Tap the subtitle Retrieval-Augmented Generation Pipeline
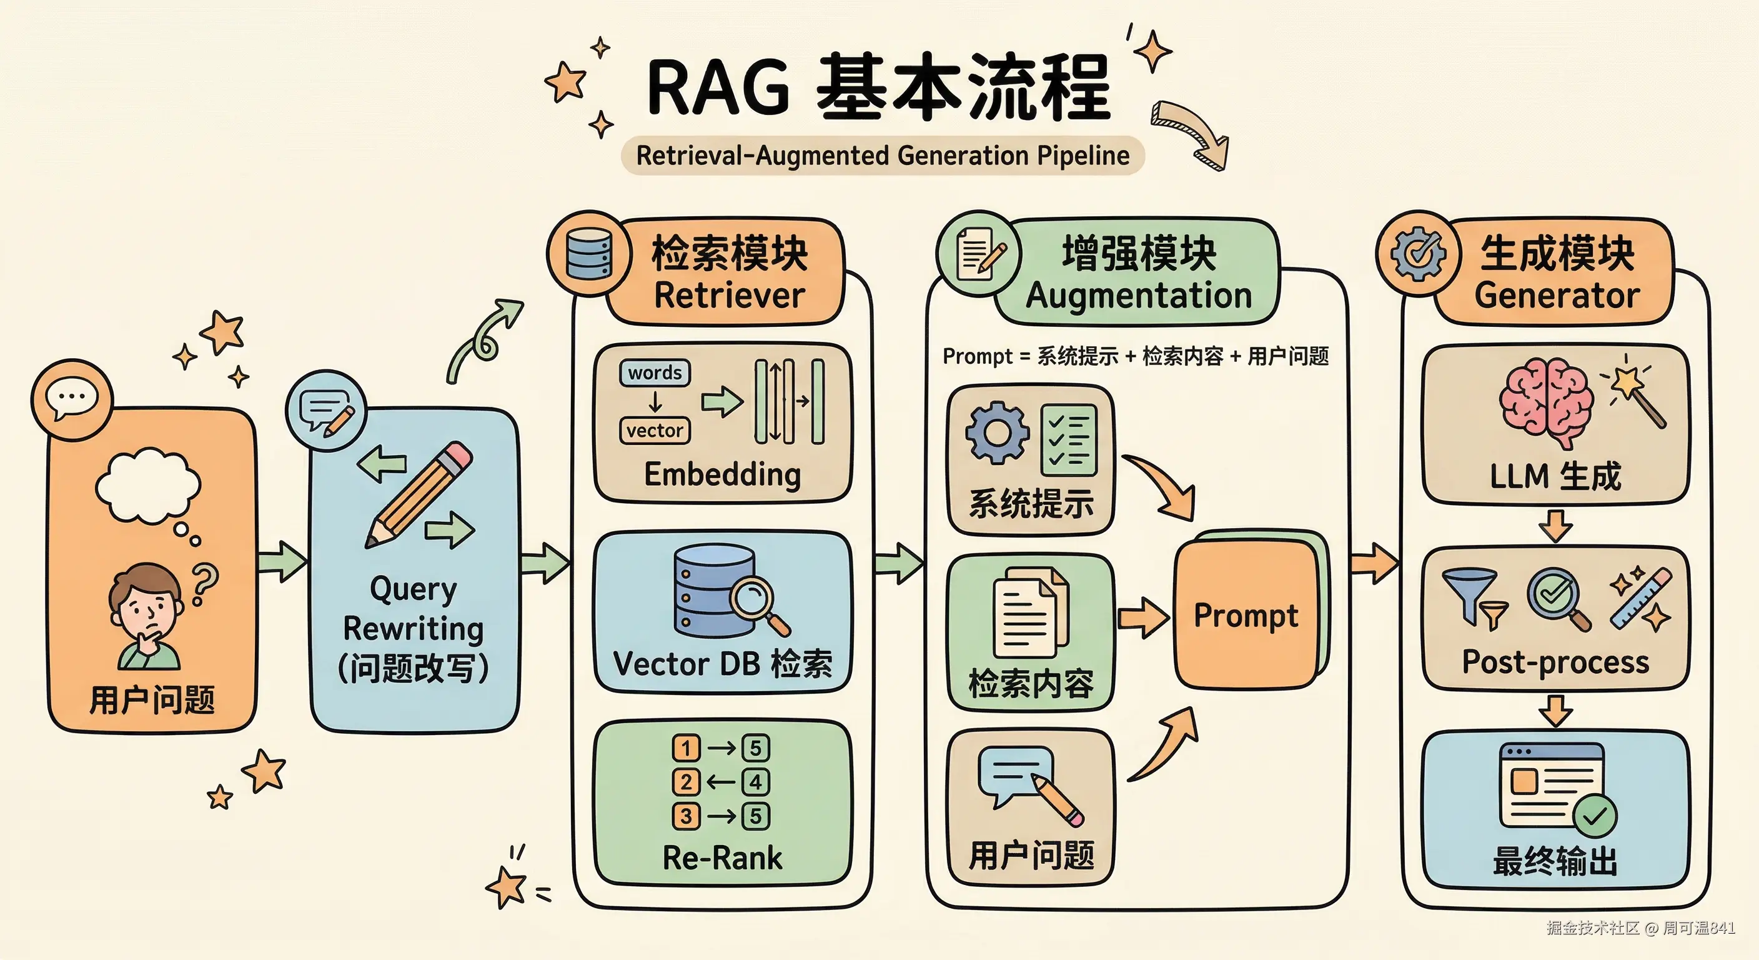pos(882,156)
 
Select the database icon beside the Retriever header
pos(588,254)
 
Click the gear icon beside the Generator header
pos(1419,254)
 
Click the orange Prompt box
pos(1246,615)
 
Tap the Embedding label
pos(723,474)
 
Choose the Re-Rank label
pos(723,858)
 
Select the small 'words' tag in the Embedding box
pos(655,373)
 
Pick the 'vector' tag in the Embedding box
pos(655,431)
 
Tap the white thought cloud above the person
pos(148,485)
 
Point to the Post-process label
pos(1555,662)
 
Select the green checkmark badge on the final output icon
pos(1595,815)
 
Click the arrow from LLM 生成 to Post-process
pos(1555,526)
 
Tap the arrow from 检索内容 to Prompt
pos(1142,617)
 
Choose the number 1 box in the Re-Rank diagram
pos(686,747)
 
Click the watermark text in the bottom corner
pos(1640,928)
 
